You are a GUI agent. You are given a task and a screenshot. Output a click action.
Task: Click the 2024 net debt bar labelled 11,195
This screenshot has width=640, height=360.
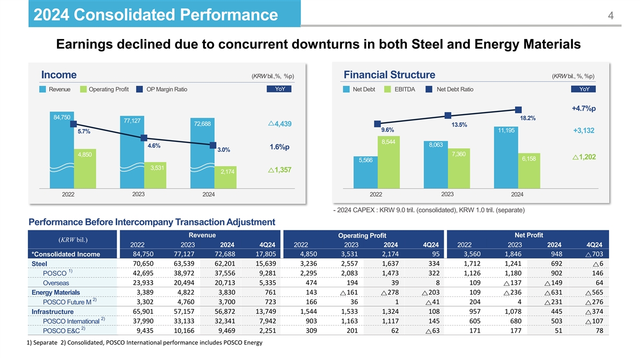click(x=505, y=157)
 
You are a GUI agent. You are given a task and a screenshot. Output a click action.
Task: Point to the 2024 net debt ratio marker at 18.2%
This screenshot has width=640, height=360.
click(x=517, y=110)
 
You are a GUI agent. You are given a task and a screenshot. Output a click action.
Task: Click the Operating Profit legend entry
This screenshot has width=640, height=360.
click(x=105, y=89)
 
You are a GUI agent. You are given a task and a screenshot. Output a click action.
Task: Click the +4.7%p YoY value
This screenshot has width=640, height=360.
click(x=583, y=109)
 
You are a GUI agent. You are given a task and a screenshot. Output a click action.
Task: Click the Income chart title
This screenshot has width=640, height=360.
click(x=59, y=74)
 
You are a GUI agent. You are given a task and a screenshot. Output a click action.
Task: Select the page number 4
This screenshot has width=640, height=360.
click(x=611, y=16)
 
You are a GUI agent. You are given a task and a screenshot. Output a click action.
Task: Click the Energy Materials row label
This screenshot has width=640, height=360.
click(x=55, y=292)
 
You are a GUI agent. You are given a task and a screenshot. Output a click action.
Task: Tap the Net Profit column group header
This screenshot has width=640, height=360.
click(x=529, y=235)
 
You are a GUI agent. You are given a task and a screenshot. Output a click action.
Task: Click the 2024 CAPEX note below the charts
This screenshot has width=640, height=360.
click(x=429, y=210)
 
